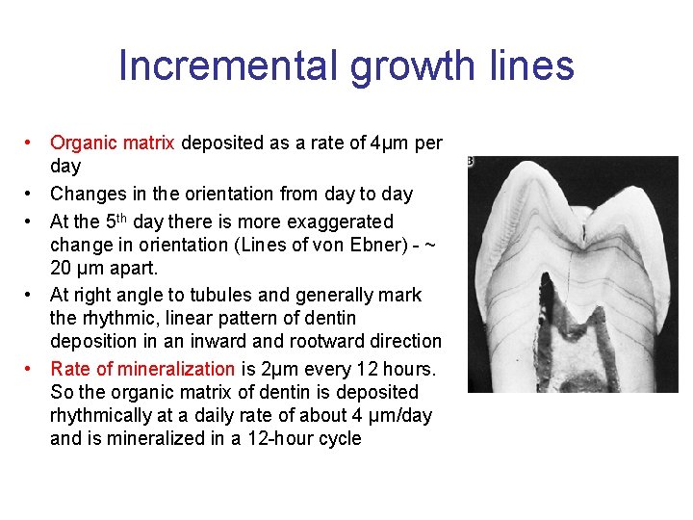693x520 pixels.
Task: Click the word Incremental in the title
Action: (x=227, y=66)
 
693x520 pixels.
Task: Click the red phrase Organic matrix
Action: (x=112, y=143)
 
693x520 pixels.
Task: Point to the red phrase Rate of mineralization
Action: (x=142, y=369)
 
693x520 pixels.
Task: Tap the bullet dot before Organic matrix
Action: (x=32, y=143)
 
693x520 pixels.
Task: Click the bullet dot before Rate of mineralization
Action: (x=32, y=369)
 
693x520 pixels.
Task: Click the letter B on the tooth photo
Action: (x=472, y=162)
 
